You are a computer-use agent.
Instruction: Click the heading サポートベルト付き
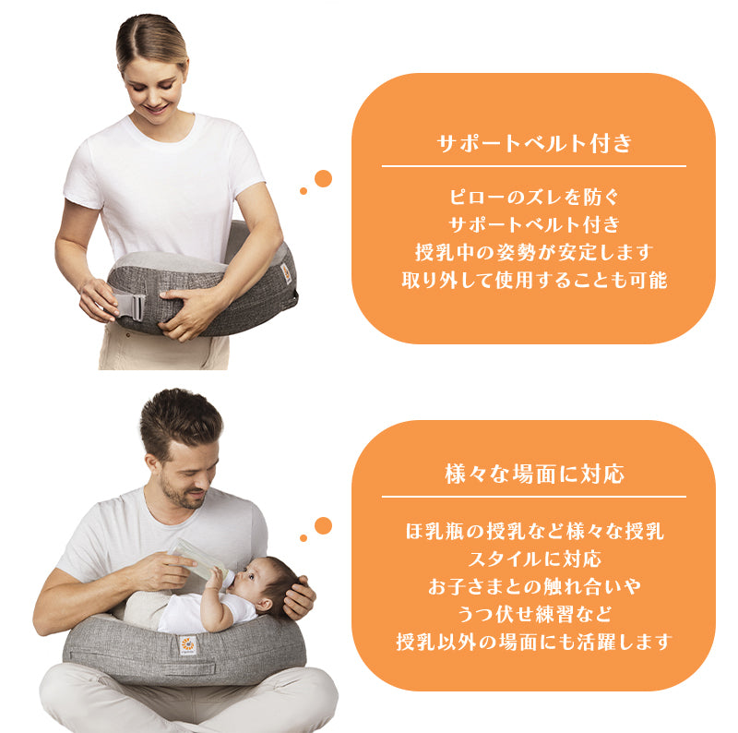(534, 143)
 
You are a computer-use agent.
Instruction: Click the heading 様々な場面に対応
(534, 474)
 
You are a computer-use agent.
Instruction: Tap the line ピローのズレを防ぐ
(534, 197)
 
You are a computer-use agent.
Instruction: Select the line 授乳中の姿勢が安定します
(534, 252)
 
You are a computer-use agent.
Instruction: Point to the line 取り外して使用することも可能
(534, 280)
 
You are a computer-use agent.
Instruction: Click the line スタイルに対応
(534, 559)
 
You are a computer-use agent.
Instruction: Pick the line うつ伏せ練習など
(534, 614)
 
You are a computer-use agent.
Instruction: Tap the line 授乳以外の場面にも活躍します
(534, 642)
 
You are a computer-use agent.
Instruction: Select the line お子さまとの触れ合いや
(534, 586)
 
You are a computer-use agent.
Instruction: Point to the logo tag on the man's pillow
(188, 645)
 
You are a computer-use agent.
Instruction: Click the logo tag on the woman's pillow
(286, 273)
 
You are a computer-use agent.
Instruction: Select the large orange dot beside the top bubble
(323, 178)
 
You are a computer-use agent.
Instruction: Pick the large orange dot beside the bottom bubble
(323, 525)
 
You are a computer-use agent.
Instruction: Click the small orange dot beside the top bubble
(304, 191)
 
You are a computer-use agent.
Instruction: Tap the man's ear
(153, 464)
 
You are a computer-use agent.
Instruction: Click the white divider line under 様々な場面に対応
(534, 497)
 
